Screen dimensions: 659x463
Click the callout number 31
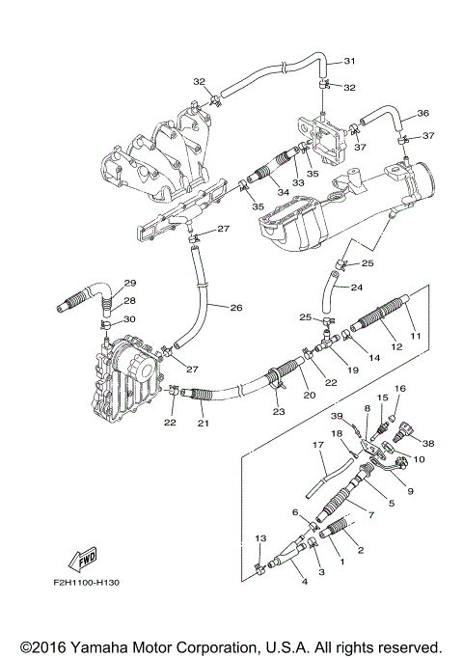[350, 62]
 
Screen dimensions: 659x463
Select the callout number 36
[422, 113]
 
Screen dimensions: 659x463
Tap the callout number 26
[235, 308]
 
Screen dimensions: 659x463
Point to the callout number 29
[129, 283]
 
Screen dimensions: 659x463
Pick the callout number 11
[417, 336]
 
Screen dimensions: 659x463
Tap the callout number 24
[356, 288]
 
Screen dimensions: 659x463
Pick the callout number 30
[130, 319]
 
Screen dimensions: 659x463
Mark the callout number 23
[278, 413]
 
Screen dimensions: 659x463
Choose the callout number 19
[352, 370]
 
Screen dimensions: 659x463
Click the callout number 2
[360, 551]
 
